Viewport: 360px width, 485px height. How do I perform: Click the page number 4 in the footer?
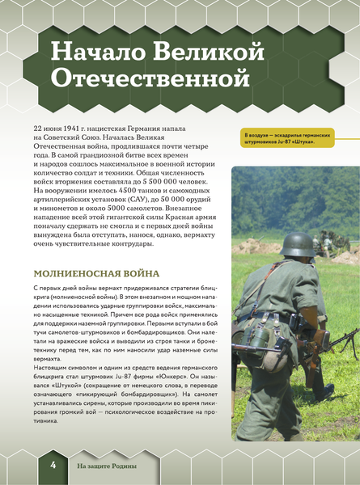pos(52,465)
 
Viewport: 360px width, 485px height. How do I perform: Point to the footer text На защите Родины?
pos(107,466)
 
